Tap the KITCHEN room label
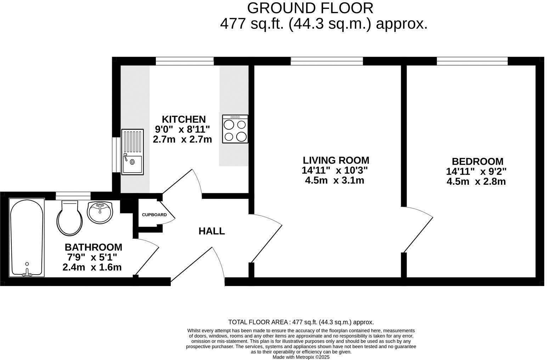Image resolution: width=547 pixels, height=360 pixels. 184,119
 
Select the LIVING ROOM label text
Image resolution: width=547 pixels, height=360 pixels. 335,160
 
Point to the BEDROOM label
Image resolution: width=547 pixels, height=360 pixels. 477,161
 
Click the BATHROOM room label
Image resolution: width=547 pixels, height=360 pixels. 93,247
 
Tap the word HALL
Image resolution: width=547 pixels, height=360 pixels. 212,231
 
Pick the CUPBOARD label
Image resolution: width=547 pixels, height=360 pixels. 154,215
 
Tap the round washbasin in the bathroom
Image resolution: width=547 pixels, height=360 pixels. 100,212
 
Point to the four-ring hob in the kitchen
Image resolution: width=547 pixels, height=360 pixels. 235,129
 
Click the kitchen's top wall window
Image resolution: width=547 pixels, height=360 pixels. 185,61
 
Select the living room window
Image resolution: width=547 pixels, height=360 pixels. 327,61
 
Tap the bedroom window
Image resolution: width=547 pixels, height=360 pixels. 472,61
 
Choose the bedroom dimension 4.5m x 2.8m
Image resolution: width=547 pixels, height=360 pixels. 476,182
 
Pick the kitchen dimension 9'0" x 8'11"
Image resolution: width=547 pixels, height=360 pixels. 182,129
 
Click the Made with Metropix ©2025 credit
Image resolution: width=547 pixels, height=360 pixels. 301,357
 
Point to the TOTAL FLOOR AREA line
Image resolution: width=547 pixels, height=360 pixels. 301,322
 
